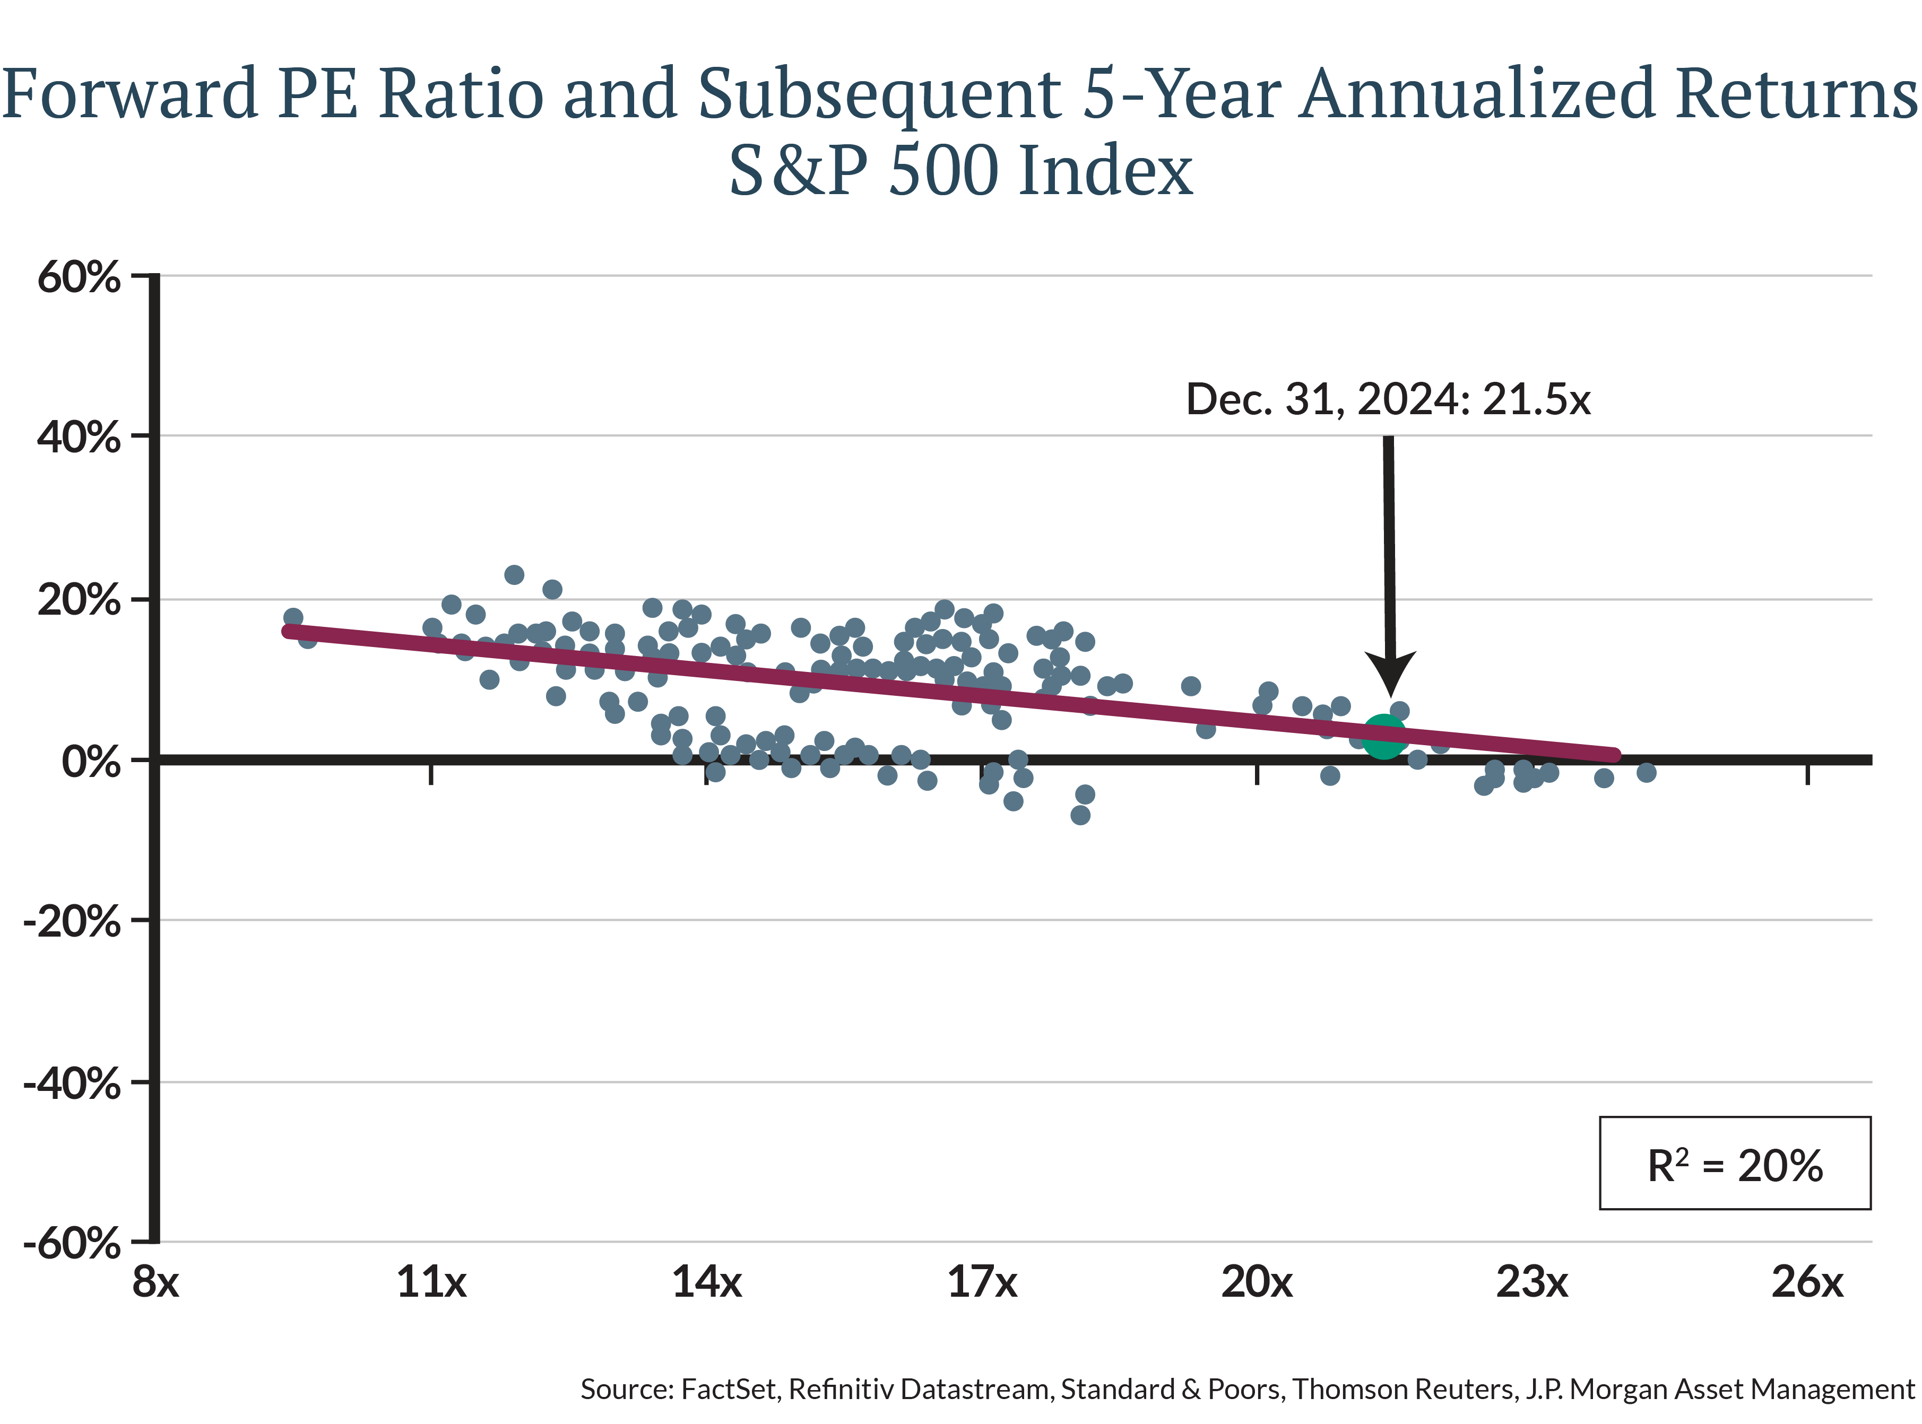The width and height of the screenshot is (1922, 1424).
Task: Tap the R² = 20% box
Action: click(1734, 1164)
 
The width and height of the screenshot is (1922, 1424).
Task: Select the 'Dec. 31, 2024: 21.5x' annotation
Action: click(1388, 399)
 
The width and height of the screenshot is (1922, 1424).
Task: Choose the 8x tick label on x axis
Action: click(155, 1282)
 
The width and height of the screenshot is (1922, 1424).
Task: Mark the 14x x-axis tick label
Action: click(706, 1282)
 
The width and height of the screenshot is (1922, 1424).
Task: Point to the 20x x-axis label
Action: click(1257, 1282)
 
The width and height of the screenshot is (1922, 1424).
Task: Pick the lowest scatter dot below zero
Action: click(1079, 815)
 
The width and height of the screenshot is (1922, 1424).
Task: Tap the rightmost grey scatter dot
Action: click(1646, 772)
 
